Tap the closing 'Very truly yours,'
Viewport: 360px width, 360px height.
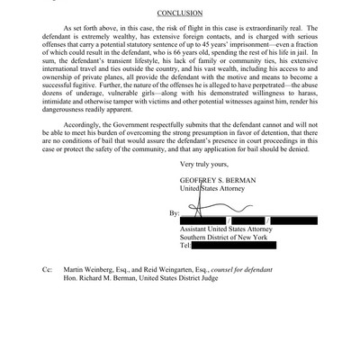(x=211, y=188)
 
